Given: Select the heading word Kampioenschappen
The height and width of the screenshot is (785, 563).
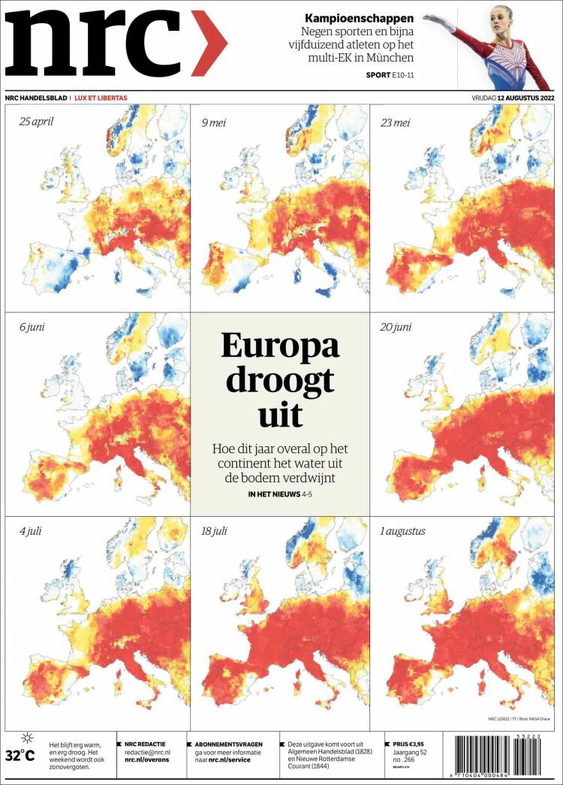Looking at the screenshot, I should (359, 18).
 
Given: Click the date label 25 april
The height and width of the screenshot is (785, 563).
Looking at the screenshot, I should (37, 120).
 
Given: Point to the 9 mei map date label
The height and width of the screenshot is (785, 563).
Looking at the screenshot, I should (216, 120).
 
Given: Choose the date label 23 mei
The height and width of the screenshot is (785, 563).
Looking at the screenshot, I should (395, 120).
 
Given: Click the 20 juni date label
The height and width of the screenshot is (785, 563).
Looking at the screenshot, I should (396, 327).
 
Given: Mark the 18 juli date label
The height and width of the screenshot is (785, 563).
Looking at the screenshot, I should (214, 531).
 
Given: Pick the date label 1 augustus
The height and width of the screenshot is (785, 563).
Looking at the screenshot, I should (402, 531).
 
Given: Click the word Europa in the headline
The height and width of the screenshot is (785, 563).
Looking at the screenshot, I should (280, 346).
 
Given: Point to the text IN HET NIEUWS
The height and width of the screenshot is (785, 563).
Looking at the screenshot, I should (273, 494).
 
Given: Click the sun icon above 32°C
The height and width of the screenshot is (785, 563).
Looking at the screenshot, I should (27, 738).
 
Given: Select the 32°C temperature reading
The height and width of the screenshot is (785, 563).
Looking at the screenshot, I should (20, 755).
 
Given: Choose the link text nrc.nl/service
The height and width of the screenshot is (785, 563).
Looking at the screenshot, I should (229, 760).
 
